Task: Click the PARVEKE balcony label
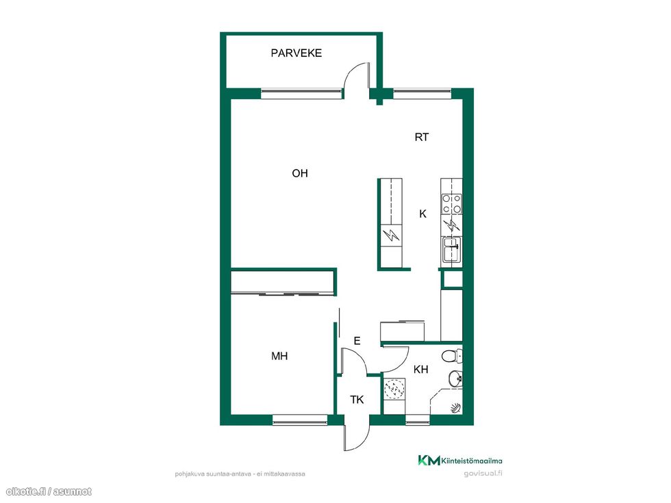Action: pos(296,53)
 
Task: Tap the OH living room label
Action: pos(300,173)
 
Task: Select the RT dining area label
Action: pos(422,138)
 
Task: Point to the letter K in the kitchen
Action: pos(423,214)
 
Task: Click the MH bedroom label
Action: pos(279,356)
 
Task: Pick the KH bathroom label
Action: pos(420,369)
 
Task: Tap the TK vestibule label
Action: pos(357,400)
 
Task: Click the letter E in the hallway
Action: pos(357,341)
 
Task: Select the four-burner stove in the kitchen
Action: pos(452,204)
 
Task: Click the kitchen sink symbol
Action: pos(451,249)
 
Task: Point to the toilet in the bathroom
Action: pos(452,355)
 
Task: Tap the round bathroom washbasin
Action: pos(455,378)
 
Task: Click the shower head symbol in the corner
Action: pos(455,408)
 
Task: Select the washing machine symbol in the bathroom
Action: pos(394,389)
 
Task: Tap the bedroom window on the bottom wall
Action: pos(300,420)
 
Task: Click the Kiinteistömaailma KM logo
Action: pos(460,461)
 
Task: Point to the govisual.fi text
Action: pos(483,474)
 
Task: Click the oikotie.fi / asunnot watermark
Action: pos(49,492)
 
